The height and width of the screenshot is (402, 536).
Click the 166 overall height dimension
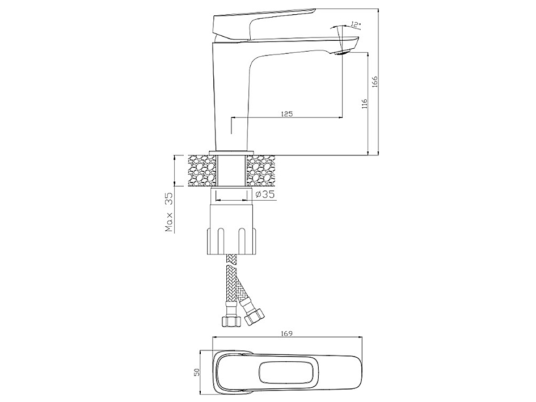(375, 82)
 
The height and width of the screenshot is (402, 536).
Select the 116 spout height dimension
(364, 104)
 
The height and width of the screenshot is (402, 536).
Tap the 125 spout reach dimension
(286, 114)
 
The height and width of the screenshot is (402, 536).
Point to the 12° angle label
(356, 24)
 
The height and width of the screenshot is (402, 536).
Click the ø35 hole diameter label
(265, 194)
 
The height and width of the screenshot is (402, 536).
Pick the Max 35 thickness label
(170, 212)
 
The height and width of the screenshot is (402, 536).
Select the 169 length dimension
(286, 333)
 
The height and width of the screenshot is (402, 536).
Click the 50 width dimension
(196, 372)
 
